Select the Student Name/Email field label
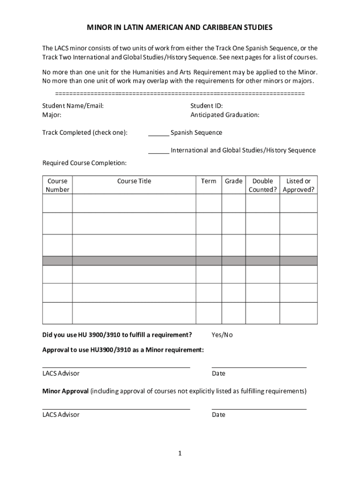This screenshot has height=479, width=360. coord(73,106)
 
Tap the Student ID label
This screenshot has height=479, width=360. coord(206,106)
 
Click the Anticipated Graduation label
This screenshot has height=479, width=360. coord(224,115)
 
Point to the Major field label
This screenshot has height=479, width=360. coord(51,115)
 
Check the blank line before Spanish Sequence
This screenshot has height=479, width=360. coord(158,133)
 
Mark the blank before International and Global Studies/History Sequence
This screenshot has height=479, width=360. coord(158,151)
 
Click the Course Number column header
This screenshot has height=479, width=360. coord(57,185)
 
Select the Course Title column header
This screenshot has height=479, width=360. coord(134,181)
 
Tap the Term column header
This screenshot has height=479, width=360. coord(209,181)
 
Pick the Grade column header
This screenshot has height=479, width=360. coord(233,181)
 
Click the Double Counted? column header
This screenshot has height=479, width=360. coord(263,185)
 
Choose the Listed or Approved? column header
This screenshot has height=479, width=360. coord(298,185)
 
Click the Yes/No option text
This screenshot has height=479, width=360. coord(222,335)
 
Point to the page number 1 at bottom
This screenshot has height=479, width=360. coord(180,453)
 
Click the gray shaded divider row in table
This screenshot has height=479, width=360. coord(180,261)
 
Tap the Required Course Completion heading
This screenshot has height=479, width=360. coord(84,163)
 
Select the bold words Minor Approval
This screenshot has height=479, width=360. coord(65,391)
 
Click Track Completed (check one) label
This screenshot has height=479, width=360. coord(85,132)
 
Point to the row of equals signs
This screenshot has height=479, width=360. coord(180,94)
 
